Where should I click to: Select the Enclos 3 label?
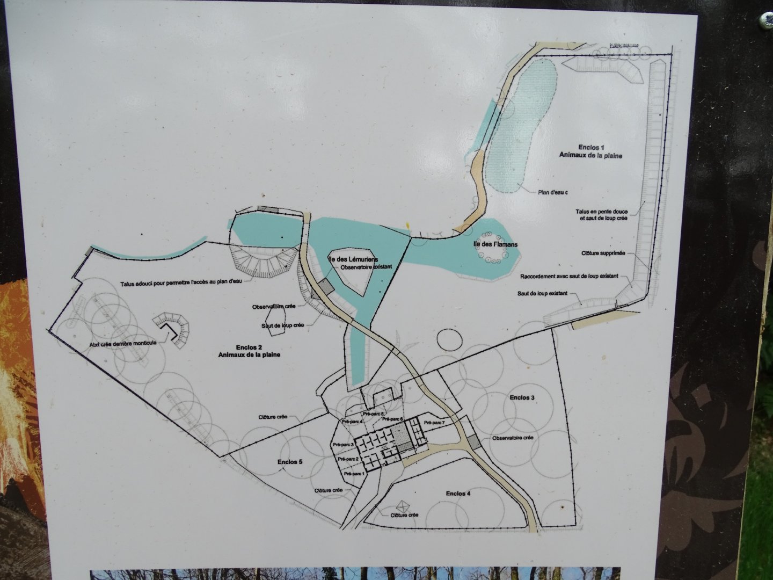pyautogui.click(x=521, y=397)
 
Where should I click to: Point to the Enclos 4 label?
pyautogui.click(x=458, y=493)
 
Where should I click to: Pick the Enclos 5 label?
pyautogui.click(x=290, y=461)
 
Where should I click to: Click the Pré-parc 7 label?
pyautogui.click(x=434, y=423)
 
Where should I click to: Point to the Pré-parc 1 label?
pyautogui.click(x=354, y=474)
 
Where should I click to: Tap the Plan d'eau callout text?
pyautogui.click(x=552, y=192)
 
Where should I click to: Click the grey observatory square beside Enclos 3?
pyautogui.click(x=473, y=441)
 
